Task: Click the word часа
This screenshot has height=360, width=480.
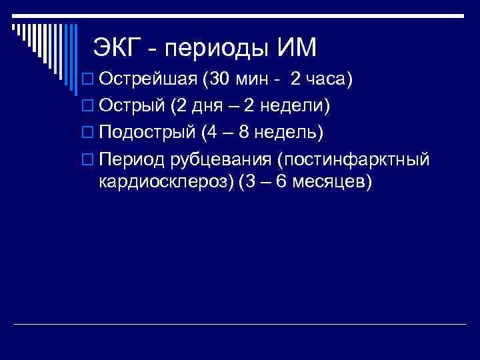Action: click(327, 80)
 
